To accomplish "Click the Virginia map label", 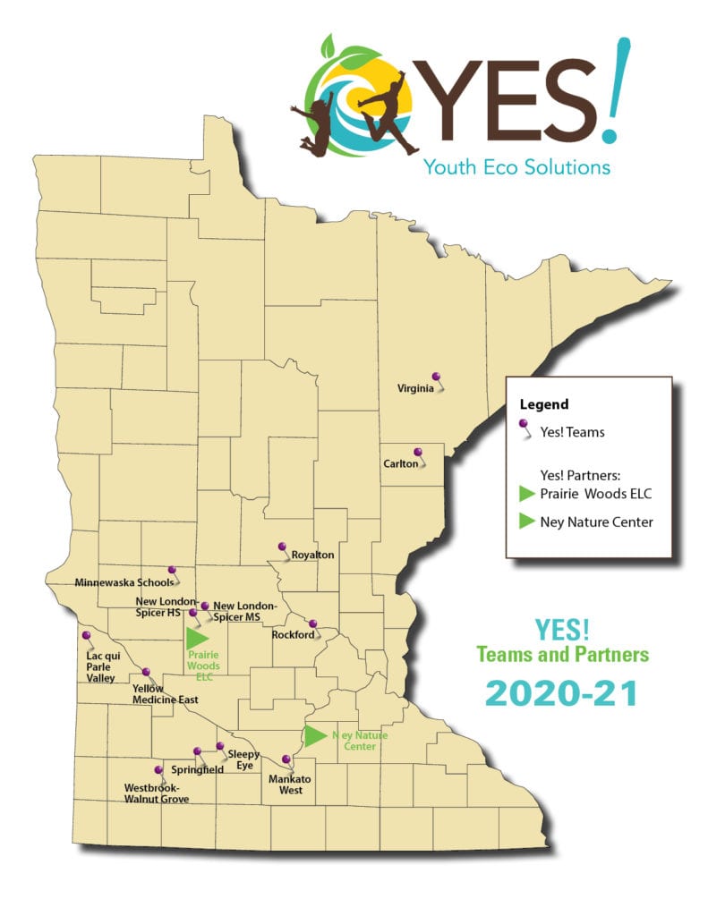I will pos(415,388).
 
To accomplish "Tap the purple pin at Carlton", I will pos(416,453).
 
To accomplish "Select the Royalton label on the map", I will pos(312,555).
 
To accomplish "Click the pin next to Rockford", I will pos(312,624).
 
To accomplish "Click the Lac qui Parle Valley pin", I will pos(87,636).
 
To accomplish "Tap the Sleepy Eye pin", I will pos(219,746).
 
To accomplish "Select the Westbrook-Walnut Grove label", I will pos(157,793).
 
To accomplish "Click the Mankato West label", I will pos(289,785).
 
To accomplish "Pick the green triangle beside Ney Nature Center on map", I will pos(314,736).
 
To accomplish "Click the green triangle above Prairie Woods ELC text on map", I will pos(197,638).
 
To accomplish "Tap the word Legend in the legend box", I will pos(543,404).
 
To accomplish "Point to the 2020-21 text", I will pos(562,694).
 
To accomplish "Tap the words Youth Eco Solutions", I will pos(516,166).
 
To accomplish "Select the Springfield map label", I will pos(198,769).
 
